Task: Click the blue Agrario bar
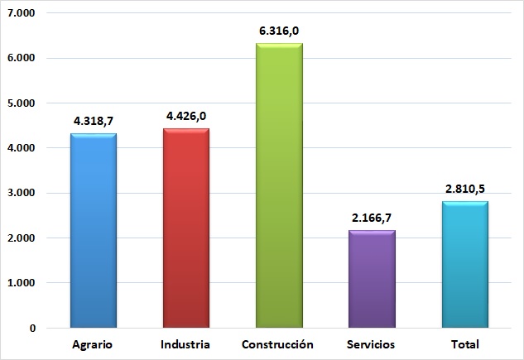click(94, 232)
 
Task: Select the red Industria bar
click(186, 229)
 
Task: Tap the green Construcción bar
click(279, 186)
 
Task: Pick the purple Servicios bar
click(372, 280)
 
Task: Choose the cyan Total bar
click(464, 265)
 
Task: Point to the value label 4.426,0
click(186, 116)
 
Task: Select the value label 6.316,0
click(279, 31)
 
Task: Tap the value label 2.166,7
click(372, 218)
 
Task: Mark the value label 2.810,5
click(464, 189)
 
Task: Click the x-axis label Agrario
click(94, 343)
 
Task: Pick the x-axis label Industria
click(186, 343)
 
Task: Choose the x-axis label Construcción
click(279, 343)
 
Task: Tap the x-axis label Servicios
click(372, 343)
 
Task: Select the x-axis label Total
click(464, 343)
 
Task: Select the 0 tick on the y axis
click(32, 328)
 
